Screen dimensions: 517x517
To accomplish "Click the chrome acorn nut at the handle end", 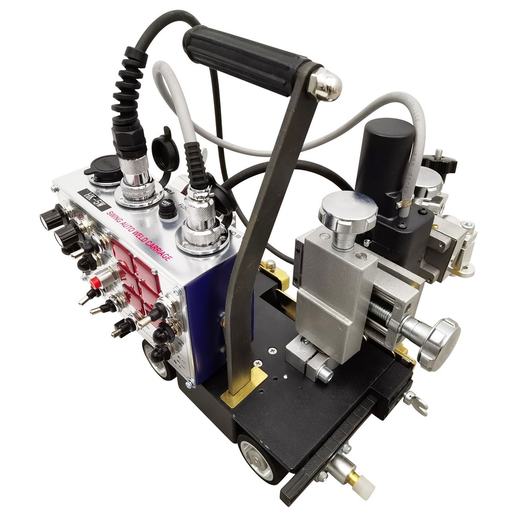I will (x=325, y=84).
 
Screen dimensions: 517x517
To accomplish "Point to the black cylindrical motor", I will (x=385, y=155).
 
